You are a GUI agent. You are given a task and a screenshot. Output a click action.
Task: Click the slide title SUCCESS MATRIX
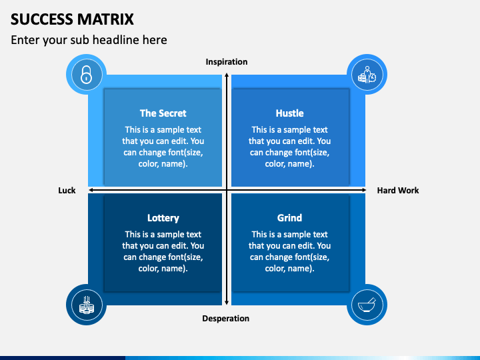(x=72, y=19)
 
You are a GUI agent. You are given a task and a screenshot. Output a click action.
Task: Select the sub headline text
(x=89, y=40)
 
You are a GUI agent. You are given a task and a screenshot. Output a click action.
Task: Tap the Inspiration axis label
(x=227, y=62)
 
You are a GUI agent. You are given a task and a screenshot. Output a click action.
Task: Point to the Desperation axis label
(x=226, y=319)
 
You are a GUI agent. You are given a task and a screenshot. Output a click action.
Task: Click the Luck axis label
(x=67, y=191)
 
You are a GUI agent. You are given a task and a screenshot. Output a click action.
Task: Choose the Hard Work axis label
(x=398, y=191)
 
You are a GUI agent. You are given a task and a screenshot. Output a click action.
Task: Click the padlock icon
(x=86, y=75)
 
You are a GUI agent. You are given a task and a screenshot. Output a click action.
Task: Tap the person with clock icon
(x=367, y=75)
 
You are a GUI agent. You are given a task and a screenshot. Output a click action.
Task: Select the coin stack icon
(x=87, y=305)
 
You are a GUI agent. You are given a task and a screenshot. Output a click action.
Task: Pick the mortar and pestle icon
(x=367, y=305)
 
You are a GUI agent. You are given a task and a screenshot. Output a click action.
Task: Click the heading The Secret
(x=163, y=113)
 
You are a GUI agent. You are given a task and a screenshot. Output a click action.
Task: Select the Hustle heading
(x=289, y=113)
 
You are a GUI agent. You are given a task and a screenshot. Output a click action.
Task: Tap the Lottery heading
(x=163, y=218)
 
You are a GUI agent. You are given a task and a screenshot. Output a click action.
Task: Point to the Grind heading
(x=289, y=218)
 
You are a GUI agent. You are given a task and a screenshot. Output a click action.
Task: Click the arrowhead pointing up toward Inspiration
(x=227, y=75)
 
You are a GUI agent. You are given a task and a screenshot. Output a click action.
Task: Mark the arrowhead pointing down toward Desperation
(x=227, y=303)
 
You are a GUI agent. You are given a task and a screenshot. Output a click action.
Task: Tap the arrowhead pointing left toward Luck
(x=91, y=190)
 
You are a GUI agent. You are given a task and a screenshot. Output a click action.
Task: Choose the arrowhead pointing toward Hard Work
(x=363, y=190)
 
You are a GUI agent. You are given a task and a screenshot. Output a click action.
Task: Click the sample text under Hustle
(x=289, y=147)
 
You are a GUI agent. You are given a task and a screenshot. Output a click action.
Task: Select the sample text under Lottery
(x=163, y=251)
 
